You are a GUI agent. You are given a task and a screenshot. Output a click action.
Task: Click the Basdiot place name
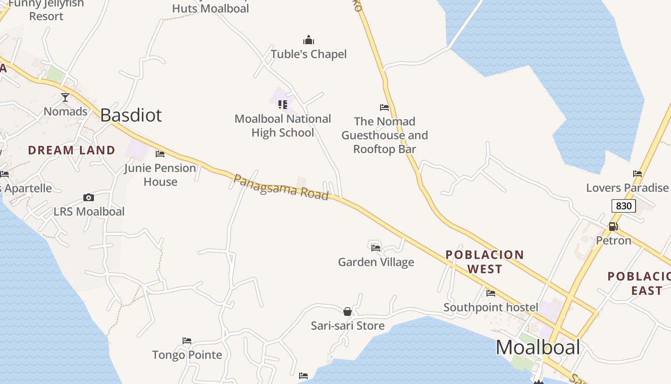(131, 115)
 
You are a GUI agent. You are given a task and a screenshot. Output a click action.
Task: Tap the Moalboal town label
(538, 347)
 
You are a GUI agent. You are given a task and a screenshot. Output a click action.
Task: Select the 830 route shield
(624, 206)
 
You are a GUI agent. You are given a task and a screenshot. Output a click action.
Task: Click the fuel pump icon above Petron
(613, 227)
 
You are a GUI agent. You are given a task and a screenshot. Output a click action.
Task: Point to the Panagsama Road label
(281, 187)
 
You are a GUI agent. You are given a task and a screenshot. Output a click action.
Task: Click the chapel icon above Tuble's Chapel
(309, 40)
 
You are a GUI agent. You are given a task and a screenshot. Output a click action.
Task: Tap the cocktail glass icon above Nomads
(65, 97)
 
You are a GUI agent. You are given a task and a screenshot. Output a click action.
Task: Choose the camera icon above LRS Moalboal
(89, 197)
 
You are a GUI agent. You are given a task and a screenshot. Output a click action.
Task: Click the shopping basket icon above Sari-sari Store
(347, 312)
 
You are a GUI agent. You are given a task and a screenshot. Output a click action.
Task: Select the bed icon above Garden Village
(376, 248)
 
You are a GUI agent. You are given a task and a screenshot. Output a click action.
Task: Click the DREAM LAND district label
(71, 150)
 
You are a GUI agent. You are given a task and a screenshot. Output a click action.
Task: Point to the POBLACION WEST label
(485, 262)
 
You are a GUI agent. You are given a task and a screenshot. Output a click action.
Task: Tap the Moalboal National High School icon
(283, 104)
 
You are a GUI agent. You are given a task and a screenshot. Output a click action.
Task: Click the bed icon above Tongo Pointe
(187, 341)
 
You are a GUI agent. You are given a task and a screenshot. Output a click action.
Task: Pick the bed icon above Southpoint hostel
(491, 293)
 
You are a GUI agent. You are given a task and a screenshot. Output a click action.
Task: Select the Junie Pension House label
(161, 175)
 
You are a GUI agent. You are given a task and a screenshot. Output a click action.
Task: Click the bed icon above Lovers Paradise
(637, 174)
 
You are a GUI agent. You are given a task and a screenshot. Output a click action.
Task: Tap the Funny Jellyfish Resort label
(46, 10)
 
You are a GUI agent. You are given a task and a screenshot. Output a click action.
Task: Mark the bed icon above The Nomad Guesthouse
(384, 108)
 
